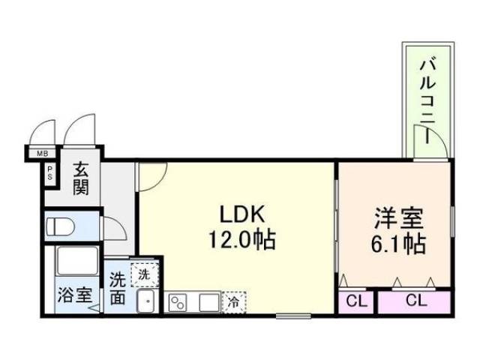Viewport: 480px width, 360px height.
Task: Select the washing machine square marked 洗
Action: [145, 274]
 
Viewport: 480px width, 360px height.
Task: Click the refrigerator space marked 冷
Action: [234, 303]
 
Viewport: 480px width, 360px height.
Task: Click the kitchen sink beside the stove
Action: [207, 303]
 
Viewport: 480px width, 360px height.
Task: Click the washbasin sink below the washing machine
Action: [145, 301]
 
